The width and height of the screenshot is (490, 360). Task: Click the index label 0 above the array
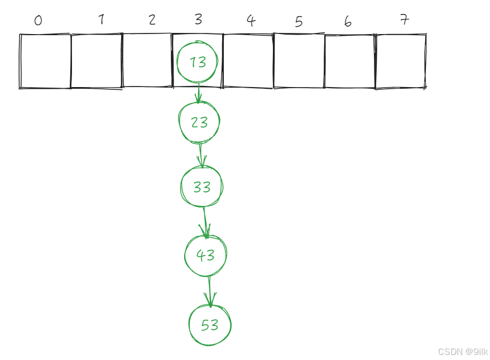[x=38, y=21]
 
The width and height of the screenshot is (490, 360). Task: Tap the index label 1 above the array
[x=101, y=20]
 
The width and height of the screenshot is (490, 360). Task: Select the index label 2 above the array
[x=152, y=20]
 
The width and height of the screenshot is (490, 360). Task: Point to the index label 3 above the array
[x=198, y=20]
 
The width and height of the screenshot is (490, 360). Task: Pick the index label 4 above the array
[x=251, y=21]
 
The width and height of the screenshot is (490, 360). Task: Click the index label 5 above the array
[x=299, y=22]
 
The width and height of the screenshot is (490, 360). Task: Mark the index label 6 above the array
[x=348, y=22]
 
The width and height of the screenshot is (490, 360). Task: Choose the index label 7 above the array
[x=405, y=20]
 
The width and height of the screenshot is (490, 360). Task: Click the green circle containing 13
[x=197, y=62]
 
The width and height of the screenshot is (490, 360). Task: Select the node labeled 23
[x=199, y=122]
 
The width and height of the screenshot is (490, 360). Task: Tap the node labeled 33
[x=201, y=186]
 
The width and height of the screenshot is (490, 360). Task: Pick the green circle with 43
[x=205, y=255]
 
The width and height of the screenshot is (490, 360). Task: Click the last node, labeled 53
[x=210, y=325]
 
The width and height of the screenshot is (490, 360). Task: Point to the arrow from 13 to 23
[x=198, y=94]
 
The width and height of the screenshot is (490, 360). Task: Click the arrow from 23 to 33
[x=201, y=155]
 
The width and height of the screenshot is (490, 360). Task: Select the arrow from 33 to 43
[x=205, y=222]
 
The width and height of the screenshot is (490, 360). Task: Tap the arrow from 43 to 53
[x=209, y=291]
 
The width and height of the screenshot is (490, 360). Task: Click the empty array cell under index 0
[x=45, y=61]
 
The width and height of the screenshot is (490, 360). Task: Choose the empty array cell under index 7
[x=401, y=61]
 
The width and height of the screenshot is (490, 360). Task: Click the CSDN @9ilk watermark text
[x=463, y=352]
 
